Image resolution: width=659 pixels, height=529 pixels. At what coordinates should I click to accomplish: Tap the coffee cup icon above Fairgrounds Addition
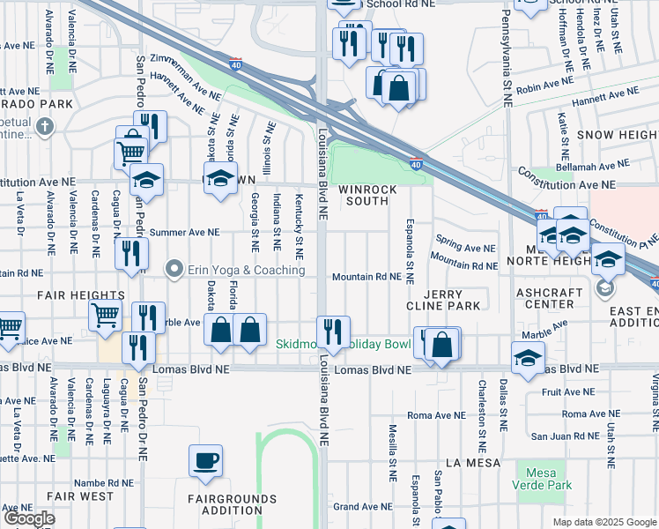point(205,460)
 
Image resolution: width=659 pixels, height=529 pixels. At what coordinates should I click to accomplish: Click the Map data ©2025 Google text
point(603,522)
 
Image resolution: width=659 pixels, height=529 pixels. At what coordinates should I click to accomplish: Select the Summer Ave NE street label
point(183,233)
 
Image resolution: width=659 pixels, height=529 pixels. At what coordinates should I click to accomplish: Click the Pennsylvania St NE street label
point(507,53)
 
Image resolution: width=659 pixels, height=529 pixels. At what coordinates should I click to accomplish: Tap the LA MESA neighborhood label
point(472,462)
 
